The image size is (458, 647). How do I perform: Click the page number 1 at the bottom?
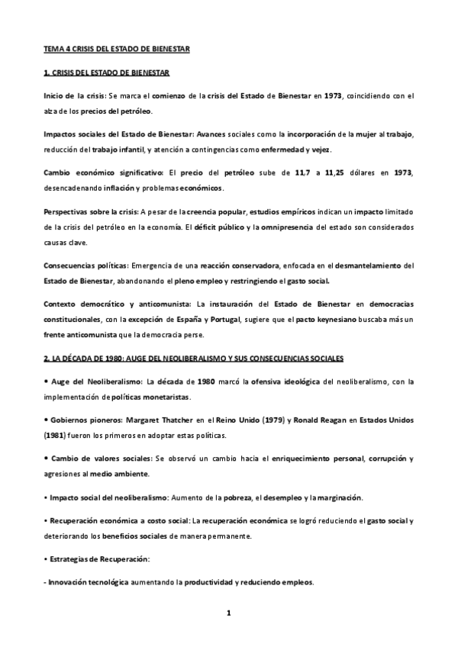(228, 613)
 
